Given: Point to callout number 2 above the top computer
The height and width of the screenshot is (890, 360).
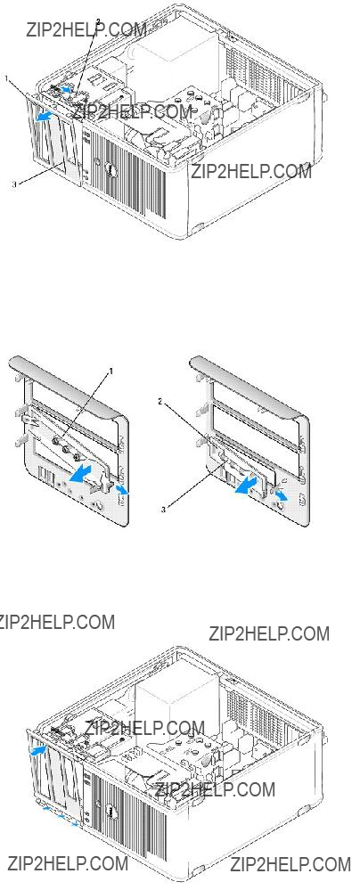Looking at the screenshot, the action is (98, 21).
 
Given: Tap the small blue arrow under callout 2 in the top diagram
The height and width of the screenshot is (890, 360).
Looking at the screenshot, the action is (67, 88).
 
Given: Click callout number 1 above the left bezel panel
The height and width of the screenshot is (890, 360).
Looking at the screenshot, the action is (110, 371).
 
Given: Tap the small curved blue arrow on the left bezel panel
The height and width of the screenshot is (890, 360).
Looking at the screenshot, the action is (121, 489).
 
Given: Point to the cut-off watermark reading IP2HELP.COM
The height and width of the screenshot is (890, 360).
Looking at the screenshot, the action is (57, 621).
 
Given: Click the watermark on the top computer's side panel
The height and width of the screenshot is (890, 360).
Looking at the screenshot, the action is (251, 170).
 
